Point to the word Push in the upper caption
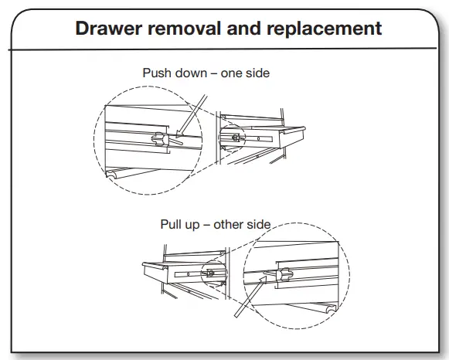(157, 73)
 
